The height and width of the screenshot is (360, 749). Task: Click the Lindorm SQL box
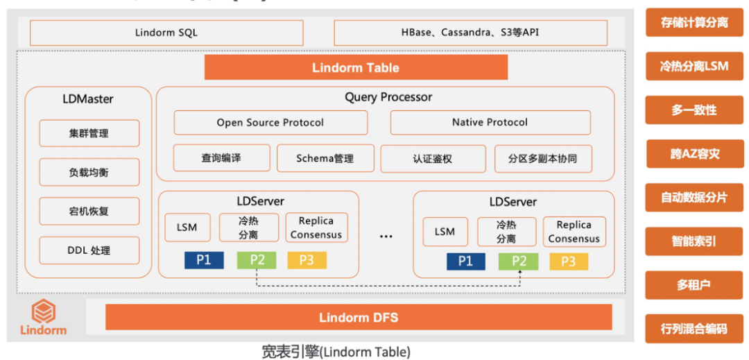click(166, 33)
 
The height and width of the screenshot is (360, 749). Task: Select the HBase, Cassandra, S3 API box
click(470, 33)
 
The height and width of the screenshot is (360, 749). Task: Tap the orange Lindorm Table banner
click(356, 67)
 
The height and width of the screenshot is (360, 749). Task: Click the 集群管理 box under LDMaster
click(89, 133)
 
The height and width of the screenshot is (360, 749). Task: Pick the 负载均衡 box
click(89, 172)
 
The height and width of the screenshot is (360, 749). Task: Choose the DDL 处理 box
click(89, 250)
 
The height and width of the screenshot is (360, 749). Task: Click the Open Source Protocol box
click(270, 123)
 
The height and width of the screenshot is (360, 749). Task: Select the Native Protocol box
click(490, 123)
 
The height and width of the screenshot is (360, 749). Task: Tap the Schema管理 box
click(325, 158)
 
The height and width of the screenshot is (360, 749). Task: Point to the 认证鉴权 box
click(433, 158)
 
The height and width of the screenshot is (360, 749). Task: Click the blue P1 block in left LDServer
click(203, 260)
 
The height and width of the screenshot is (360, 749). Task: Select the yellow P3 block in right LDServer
click(569, 262)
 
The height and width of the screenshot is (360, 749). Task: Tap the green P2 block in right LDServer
click(517, 262)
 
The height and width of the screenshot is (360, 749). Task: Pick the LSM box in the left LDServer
click(187, 228)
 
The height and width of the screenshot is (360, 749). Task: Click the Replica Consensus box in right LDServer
click(574, 232)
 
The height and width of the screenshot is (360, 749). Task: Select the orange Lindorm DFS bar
click(359, 318)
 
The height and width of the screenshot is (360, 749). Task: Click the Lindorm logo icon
click(44, 311)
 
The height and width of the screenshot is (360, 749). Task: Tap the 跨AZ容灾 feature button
click(694, 154)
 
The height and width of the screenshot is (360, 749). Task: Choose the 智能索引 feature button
click(694, 241)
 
